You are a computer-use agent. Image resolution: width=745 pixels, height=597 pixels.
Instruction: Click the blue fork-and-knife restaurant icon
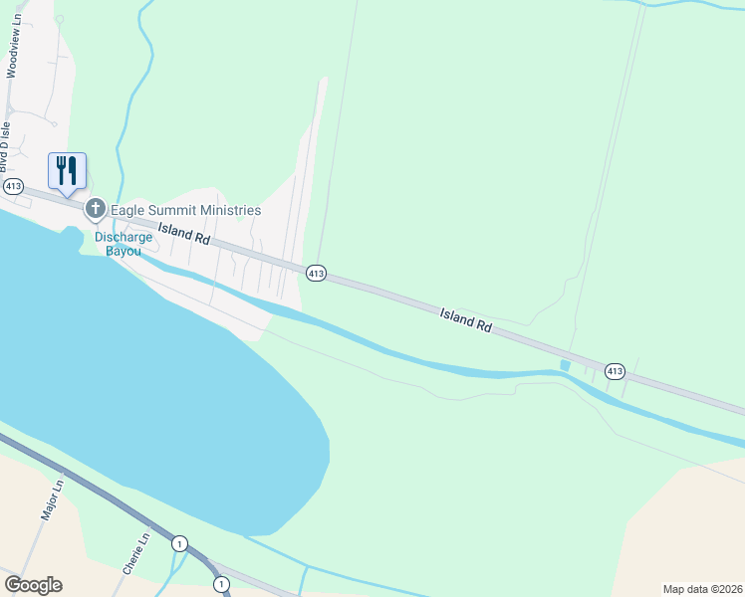pos(67,170)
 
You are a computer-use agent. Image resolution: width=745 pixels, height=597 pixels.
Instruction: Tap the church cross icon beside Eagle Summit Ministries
pos(96,209)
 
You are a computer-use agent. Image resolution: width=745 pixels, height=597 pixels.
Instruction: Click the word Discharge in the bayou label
pos(124,237)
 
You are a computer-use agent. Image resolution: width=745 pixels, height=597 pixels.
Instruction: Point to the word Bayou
pos(124,252)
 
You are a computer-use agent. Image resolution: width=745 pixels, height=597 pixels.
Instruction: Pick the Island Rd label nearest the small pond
pos(467,320)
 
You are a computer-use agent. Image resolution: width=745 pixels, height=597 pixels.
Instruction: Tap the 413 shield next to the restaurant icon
pos(13,186)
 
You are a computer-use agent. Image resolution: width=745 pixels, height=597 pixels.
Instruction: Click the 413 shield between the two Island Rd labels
pos(315,273)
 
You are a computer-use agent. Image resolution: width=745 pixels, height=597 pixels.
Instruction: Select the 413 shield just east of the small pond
pos(615,371)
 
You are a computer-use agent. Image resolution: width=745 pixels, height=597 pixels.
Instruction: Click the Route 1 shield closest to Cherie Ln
pos(179,543)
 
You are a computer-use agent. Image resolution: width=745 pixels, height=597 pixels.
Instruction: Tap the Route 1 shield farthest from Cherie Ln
pos(219,583)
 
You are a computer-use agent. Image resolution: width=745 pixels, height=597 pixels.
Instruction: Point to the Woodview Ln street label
pos(15,41)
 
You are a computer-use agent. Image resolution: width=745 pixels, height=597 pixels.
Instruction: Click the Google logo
pos(33,585)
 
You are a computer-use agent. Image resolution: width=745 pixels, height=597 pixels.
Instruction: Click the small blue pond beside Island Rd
pos(566,366)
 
